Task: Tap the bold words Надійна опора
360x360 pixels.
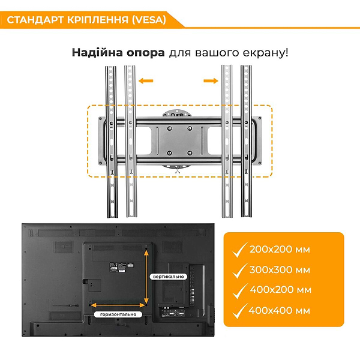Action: [x=118, y=52]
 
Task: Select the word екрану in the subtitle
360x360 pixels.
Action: [x=268, y=52]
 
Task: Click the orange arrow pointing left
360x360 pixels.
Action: [x=146, y=80]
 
